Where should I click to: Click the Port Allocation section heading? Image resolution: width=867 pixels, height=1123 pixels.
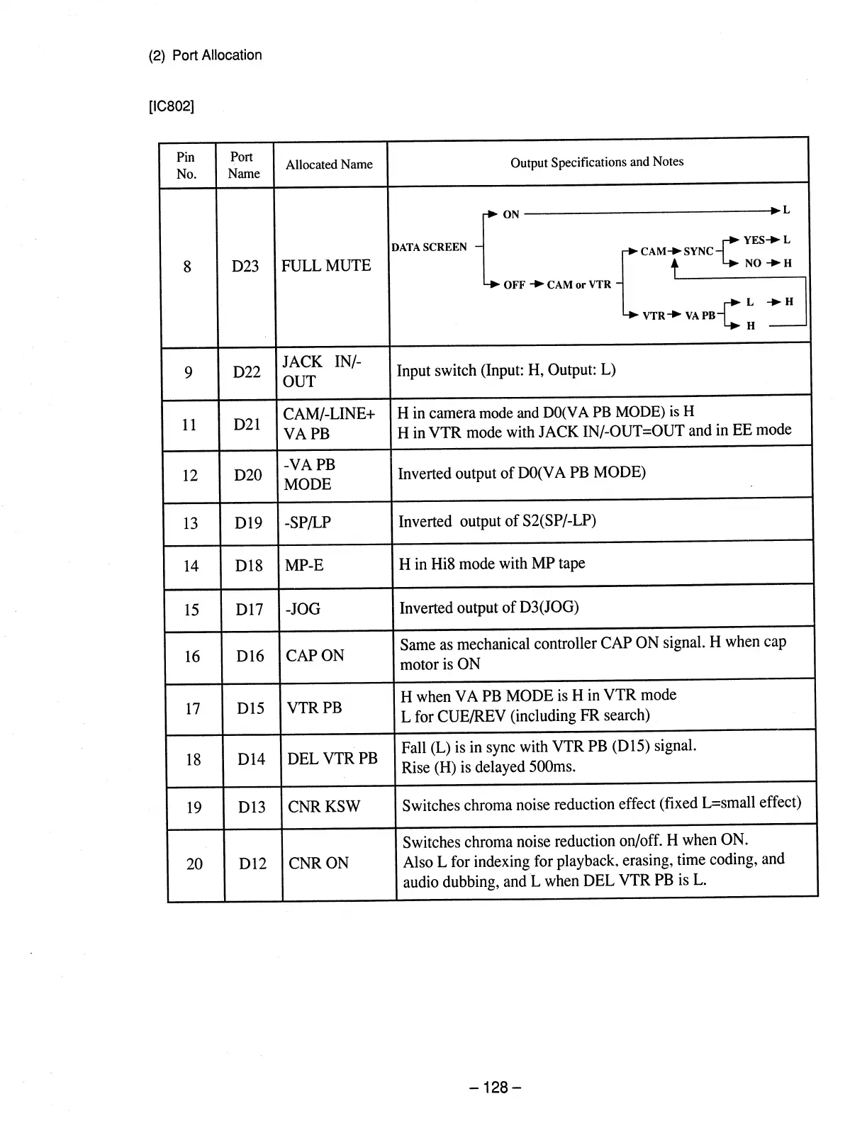[206, 55]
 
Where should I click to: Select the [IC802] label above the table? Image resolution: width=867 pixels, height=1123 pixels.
[171, 106]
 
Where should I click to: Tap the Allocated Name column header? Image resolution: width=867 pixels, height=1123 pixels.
[329, 164]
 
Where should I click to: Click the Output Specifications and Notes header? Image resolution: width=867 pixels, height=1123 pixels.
[597, 162]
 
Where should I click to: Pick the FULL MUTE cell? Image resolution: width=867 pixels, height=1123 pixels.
[326, 266]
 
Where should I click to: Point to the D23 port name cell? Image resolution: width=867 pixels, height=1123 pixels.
[245, 267]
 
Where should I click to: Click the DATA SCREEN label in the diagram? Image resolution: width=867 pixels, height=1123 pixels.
[430, 247]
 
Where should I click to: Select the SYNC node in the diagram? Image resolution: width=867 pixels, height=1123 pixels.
[698, 251]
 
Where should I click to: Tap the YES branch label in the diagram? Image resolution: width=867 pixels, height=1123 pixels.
[754, 240]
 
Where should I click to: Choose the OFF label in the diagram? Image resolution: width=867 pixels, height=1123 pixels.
[514, 285]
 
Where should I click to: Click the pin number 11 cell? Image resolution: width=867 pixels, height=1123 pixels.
[189, 425]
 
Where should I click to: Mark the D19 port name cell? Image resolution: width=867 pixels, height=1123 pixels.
[248, 523]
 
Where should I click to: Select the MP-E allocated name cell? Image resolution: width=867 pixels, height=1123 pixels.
[304, 565]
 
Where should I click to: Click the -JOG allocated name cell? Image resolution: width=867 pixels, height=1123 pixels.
[303, 609]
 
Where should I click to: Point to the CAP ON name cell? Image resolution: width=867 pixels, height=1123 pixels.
[315, 656]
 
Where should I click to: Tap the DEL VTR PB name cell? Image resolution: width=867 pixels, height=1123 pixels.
[332, 759]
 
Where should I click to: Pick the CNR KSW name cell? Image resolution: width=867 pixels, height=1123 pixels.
[324, 806]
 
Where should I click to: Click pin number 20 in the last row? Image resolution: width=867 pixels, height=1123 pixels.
[194, 864]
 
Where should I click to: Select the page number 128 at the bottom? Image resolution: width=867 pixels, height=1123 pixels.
[496, 1088]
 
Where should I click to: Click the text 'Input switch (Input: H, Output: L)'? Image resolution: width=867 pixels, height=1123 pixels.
[506, 370]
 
